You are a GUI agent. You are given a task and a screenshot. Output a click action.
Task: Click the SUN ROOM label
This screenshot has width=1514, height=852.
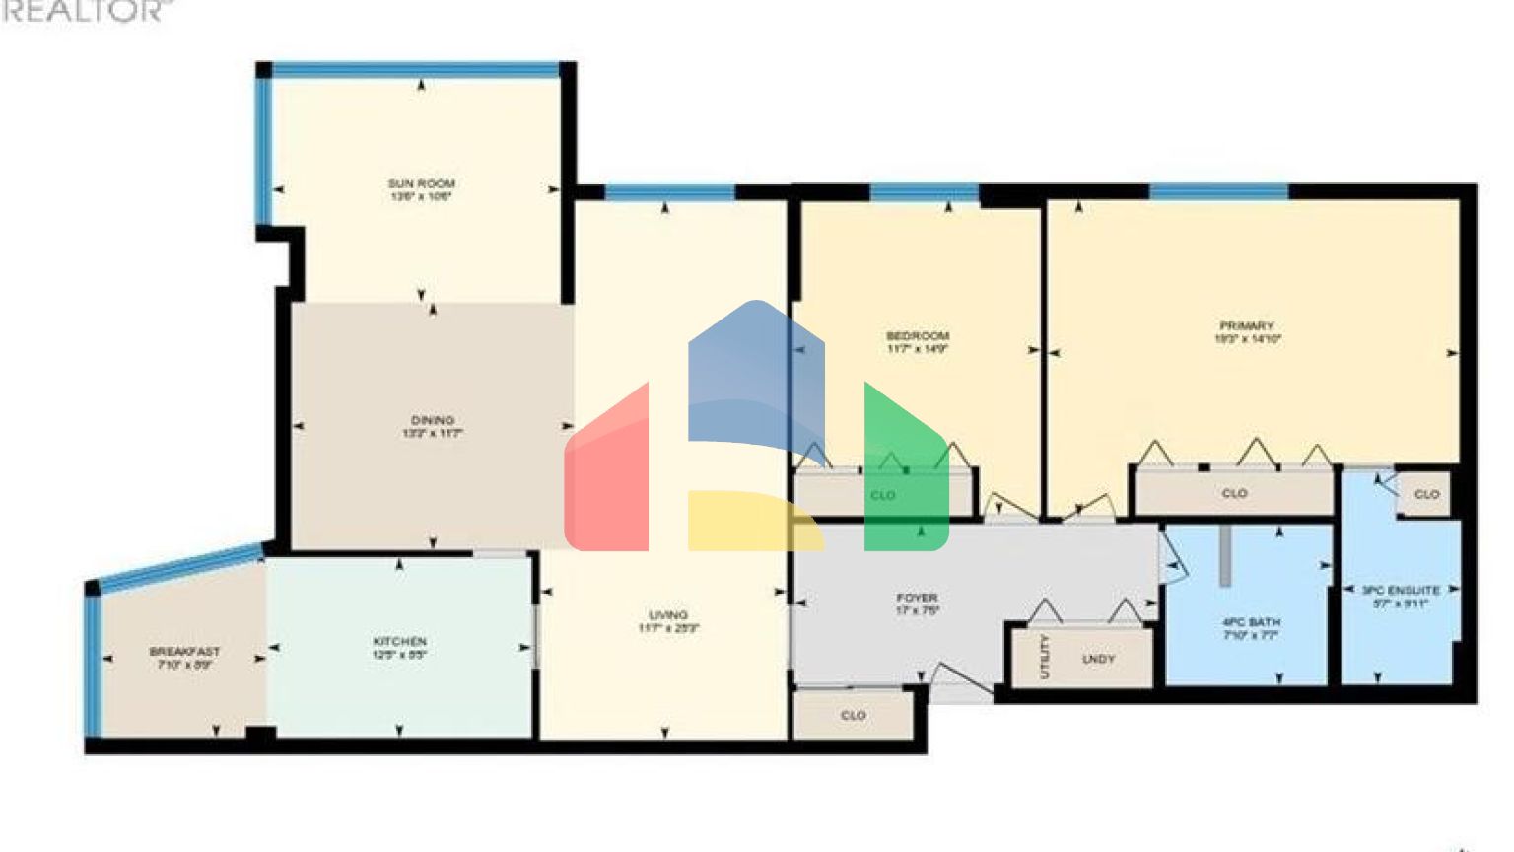point(421,183)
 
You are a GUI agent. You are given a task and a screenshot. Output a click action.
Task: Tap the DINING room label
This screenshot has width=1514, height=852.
point(432,420)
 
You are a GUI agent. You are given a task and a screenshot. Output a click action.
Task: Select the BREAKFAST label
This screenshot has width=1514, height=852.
point(184,652)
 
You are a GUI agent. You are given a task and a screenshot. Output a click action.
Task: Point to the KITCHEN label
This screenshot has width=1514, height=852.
point(399,642)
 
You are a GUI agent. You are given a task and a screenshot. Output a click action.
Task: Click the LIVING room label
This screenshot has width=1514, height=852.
point(668,615)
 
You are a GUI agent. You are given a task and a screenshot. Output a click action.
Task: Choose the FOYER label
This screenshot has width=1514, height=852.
point(917,598)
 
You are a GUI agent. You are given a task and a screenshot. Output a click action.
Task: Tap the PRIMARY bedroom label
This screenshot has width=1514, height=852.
point(1247,325)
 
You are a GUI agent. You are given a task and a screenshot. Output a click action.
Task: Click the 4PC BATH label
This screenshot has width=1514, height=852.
point(1251,623)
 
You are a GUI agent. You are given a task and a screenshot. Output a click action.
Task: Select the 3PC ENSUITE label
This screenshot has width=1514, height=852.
point(1401,591)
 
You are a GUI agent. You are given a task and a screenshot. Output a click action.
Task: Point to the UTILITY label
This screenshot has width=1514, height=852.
point(1045,657)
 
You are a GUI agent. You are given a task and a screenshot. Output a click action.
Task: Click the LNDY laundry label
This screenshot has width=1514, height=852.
point(1098,659)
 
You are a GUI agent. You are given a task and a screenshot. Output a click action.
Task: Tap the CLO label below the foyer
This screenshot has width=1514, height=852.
point(854,715)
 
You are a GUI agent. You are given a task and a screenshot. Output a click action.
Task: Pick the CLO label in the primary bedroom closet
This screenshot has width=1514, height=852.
point(1234,493)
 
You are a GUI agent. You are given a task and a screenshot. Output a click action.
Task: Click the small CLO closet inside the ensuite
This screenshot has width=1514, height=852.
point(1426,494)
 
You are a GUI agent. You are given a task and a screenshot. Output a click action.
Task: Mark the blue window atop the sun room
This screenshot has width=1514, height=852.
point(415,70)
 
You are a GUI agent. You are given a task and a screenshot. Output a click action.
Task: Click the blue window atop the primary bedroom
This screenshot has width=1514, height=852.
point(1218,191)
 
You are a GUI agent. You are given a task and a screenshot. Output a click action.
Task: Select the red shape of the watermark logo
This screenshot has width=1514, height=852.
point(606,473)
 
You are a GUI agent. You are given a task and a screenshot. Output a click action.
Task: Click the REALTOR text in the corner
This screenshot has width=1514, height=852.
point(83,11)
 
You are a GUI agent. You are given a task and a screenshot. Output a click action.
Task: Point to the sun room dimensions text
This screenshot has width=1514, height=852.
point(421,197)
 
